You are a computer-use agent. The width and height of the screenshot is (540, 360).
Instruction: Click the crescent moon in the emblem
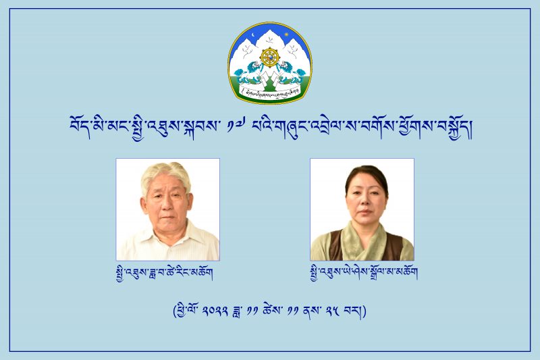click(254, 36)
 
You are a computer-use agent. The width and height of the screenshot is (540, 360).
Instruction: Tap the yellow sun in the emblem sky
click(286, 34)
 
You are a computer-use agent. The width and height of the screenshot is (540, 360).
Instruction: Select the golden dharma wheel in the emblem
click(269, 57)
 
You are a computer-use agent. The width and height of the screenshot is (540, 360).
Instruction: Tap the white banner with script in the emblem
click(270, 93)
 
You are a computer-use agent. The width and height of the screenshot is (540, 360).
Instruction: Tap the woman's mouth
click(364, 217)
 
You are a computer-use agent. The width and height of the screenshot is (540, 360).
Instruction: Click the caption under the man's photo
click(165, 273)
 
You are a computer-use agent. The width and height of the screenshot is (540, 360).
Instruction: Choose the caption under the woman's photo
click(364, 273)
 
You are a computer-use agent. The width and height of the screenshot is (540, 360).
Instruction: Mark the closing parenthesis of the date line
click(364, 311)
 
